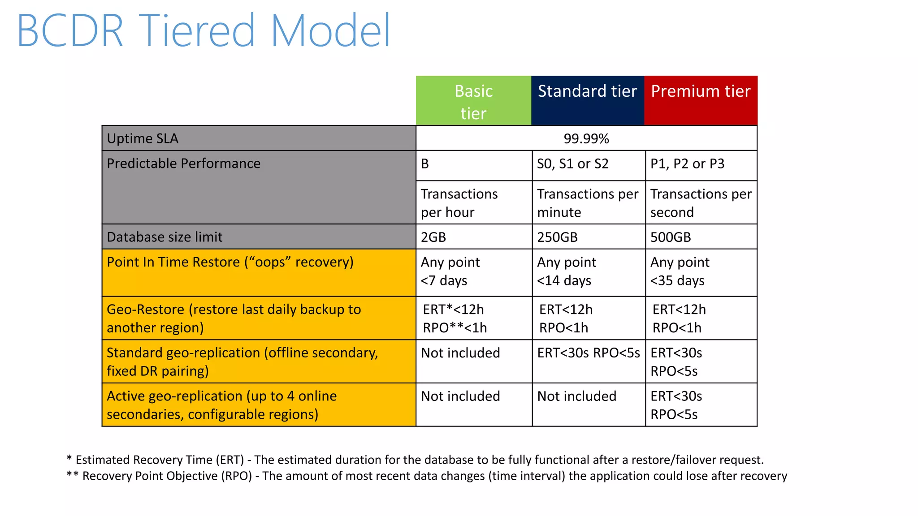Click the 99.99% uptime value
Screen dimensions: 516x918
click(x=586, y=138)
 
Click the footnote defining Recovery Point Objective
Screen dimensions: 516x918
click(x=426, y=476)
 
